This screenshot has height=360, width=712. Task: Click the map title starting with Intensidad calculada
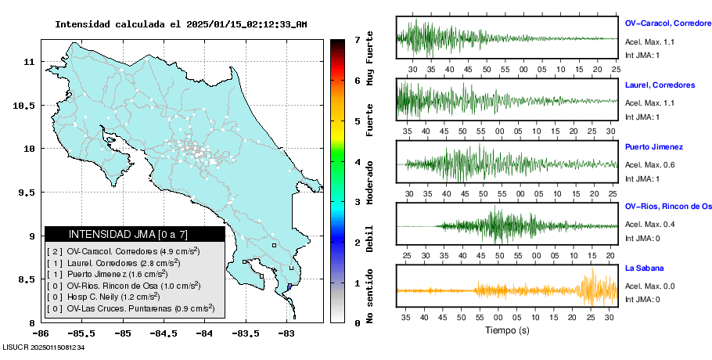click(x=181, y=24)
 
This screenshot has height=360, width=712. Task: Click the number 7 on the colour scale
click(x=356, y=39)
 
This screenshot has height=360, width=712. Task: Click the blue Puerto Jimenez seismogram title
click(x=654, y=146)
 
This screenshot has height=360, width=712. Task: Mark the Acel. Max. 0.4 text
click(x=649, y=225)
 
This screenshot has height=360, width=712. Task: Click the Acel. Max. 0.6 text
click(x=649, y=164)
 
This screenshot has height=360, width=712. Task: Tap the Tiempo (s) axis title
click(x=507, y=331)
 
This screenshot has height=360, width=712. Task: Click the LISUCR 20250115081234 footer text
click(x=43, y=347)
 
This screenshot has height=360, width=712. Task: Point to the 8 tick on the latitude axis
click(x=32, y=323)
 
